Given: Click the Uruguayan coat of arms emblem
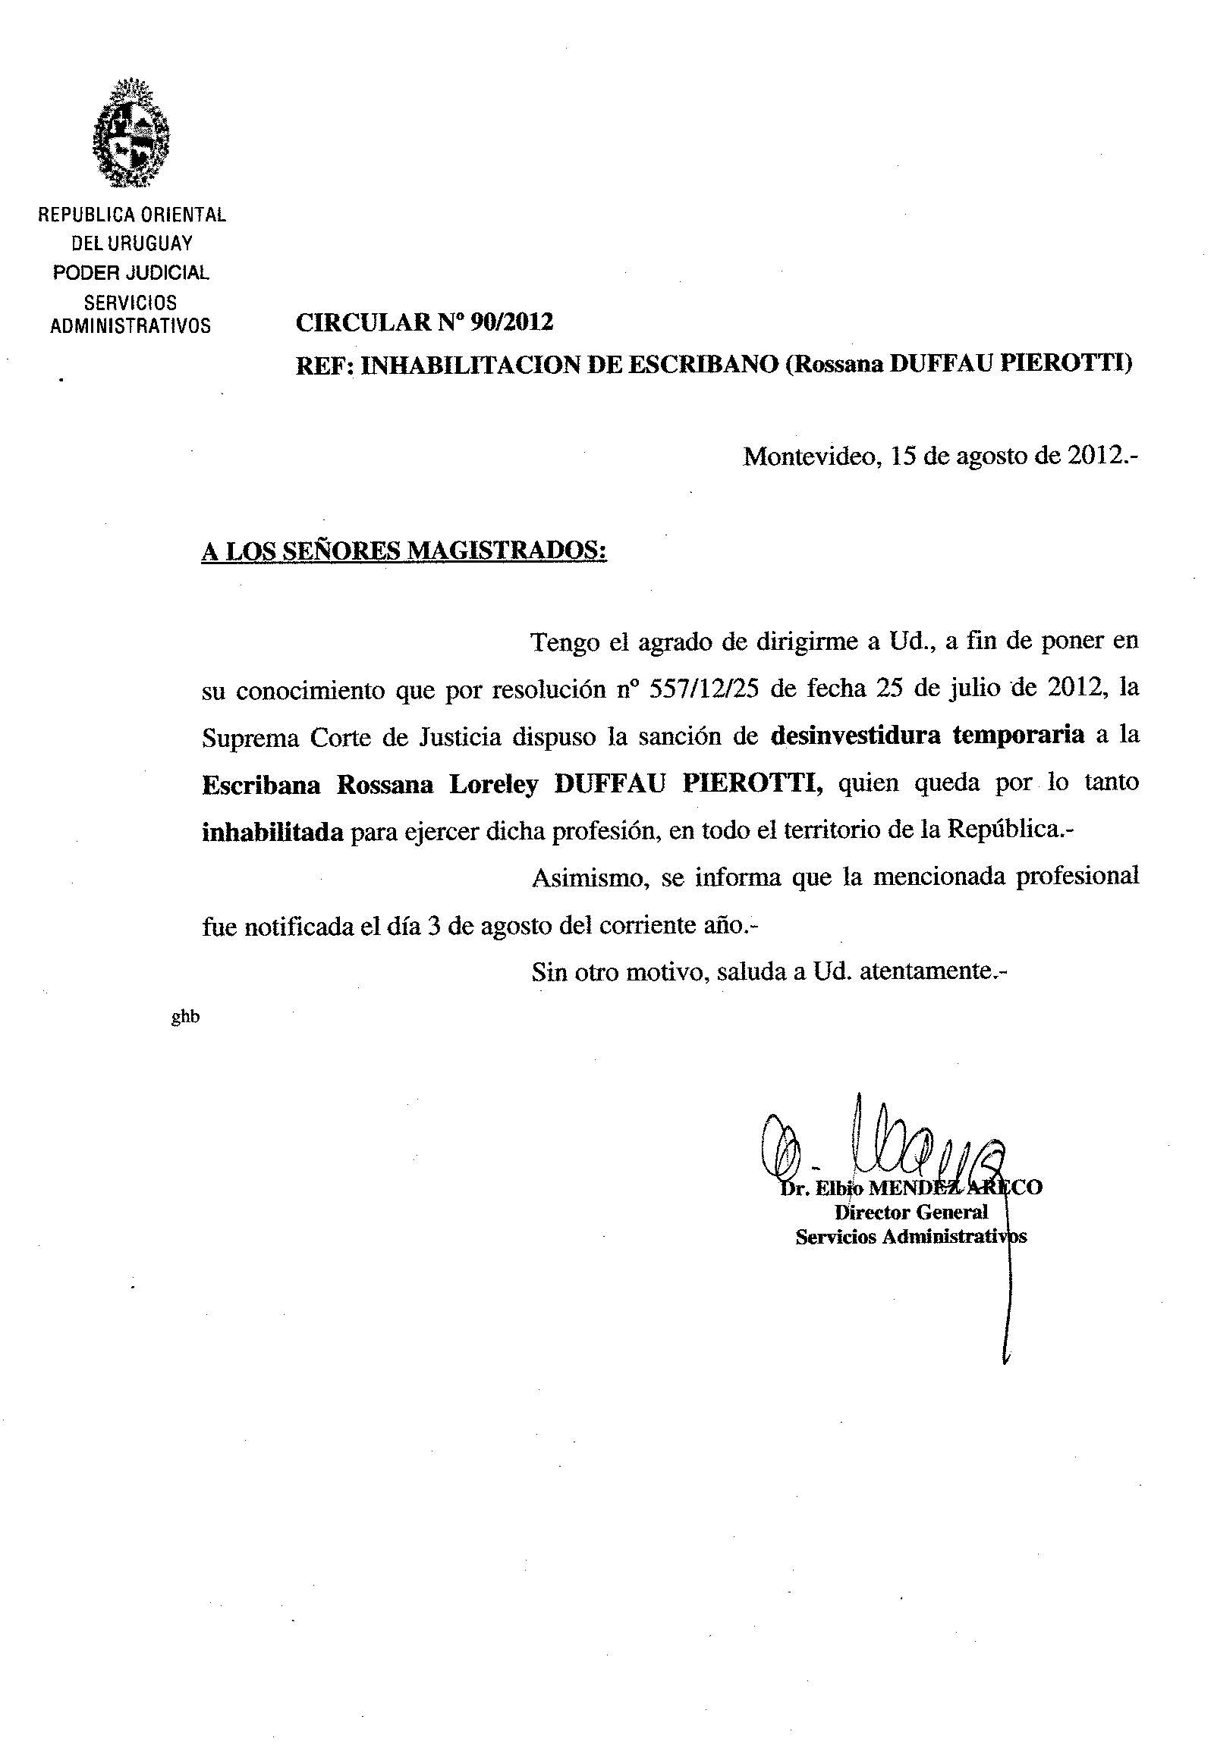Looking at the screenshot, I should (131, 133).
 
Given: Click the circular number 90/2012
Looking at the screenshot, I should (511, 323).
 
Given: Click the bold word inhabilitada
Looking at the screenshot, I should (272, 833).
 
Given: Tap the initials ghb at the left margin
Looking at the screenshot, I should (186, 1017).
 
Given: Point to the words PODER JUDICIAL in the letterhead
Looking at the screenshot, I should (131, 272).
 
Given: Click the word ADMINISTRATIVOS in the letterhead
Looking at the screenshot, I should (130, 326).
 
